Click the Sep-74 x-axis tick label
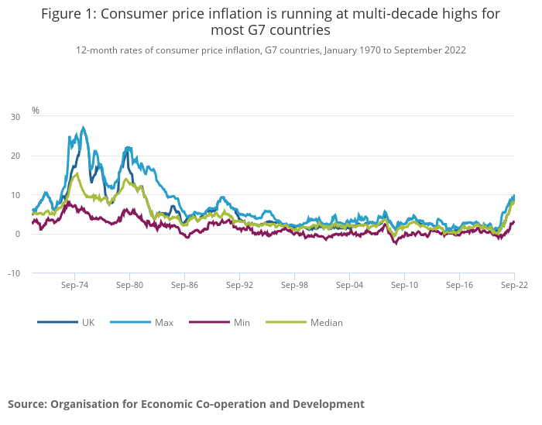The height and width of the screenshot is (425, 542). pos(74,285)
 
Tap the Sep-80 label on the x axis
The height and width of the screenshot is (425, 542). pos(129,285)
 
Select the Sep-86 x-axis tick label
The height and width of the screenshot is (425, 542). pos(184,285)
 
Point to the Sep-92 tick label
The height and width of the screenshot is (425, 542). pos(239,285)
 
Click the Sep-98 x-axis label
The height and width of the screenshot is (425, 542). pos(294,285)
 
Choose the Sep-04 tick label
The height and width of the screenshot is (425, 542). pos(349,285)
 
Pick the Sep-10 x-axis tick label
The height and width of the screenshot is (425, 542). pos(404,285)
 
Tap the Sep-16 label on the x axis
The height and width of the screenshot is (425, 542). pos(459,285)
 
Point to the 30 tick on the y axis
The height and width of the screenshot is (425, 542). pos(15,117)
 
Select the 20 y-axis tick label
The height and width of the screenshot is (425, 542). pos(15,156)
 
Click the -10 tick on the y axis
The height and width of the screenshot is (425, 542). pos(14,273)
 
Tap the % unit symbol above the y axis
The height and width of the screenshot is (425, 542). pos(36,111)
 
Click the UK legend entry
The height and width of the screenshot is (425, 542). pos(88,322)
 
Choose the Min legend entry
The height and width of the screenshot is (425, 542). pos(242,322)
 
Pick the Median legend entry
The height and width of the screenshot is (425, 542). pos(327,322)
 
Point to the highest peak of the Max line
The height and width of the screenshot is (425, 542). pos(83,128)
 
